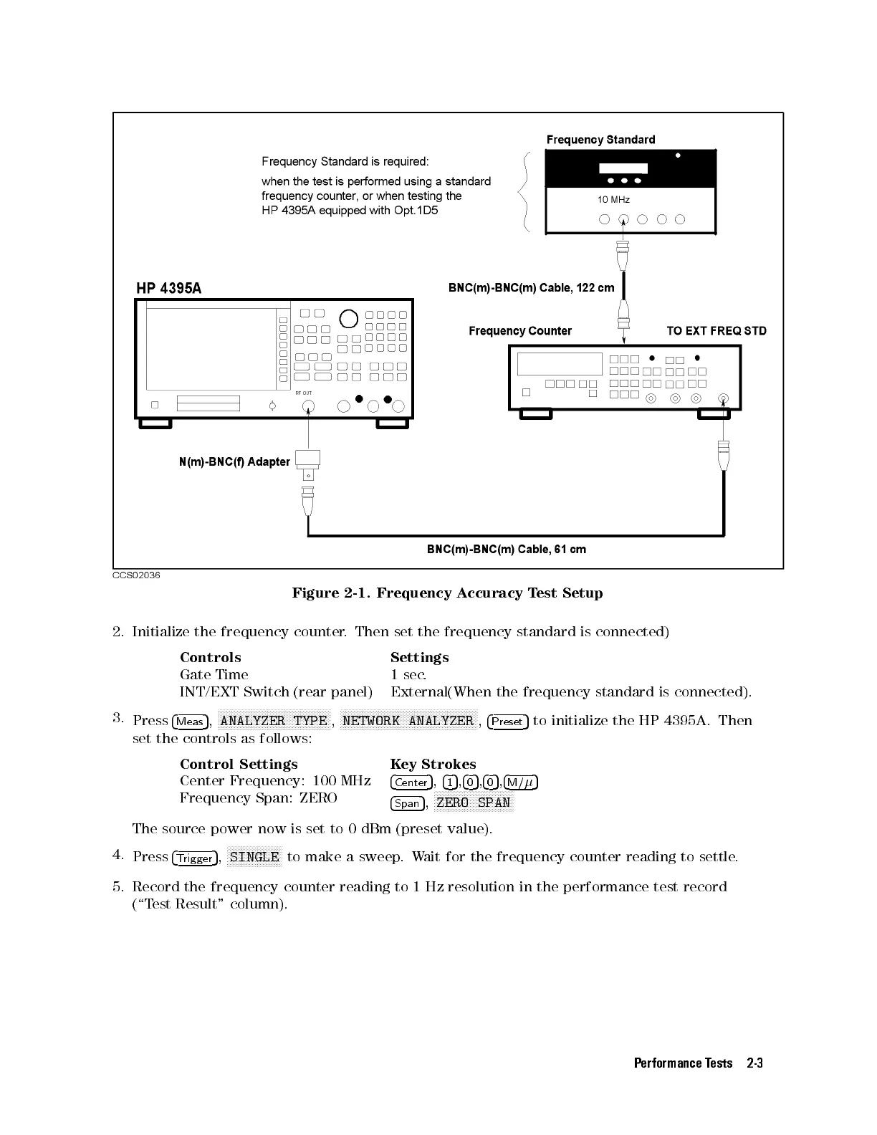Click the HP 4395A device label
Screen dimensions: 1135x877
tap(169, 288)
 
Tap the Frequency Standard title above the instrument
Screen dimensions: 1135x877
tap(600, 140)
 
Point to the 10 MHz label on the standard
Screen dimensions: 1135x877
tap(613, 199)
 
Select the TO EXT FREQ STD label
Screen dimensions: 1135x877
tap(716, 331)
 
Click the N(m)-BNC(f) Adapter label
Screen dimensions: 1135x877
tap(234, 462)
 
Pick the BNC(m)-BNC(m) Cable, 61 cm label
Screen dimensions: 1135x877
tap(506, 550)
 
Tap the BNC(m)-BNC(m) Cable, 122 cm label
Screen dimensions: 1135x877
tap(531, 288)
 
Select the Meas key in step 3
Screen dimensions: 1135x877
tap(190, 722)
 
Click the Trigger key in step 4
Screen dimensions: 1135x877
tap(195, 858)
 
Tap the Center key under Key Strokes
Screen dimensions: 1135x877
tap(411, 782)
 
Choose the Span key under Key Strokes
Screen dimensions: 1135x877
tap(407, 803)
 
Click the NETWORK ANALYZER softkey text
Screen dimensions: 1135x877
tap(408, 721)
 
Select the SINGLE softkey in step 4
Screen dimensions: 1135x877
tap(254, 857)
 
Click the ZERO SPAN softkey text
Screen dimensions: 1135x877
tap(474, 803)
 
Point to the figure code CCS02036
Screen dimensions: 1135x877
tap(136, 575)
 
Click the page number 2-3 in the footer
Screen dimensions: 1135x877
tap(754, 1063)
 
